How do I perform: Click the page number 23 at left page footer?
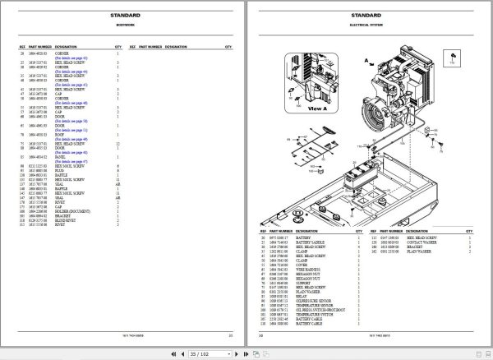230,335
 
